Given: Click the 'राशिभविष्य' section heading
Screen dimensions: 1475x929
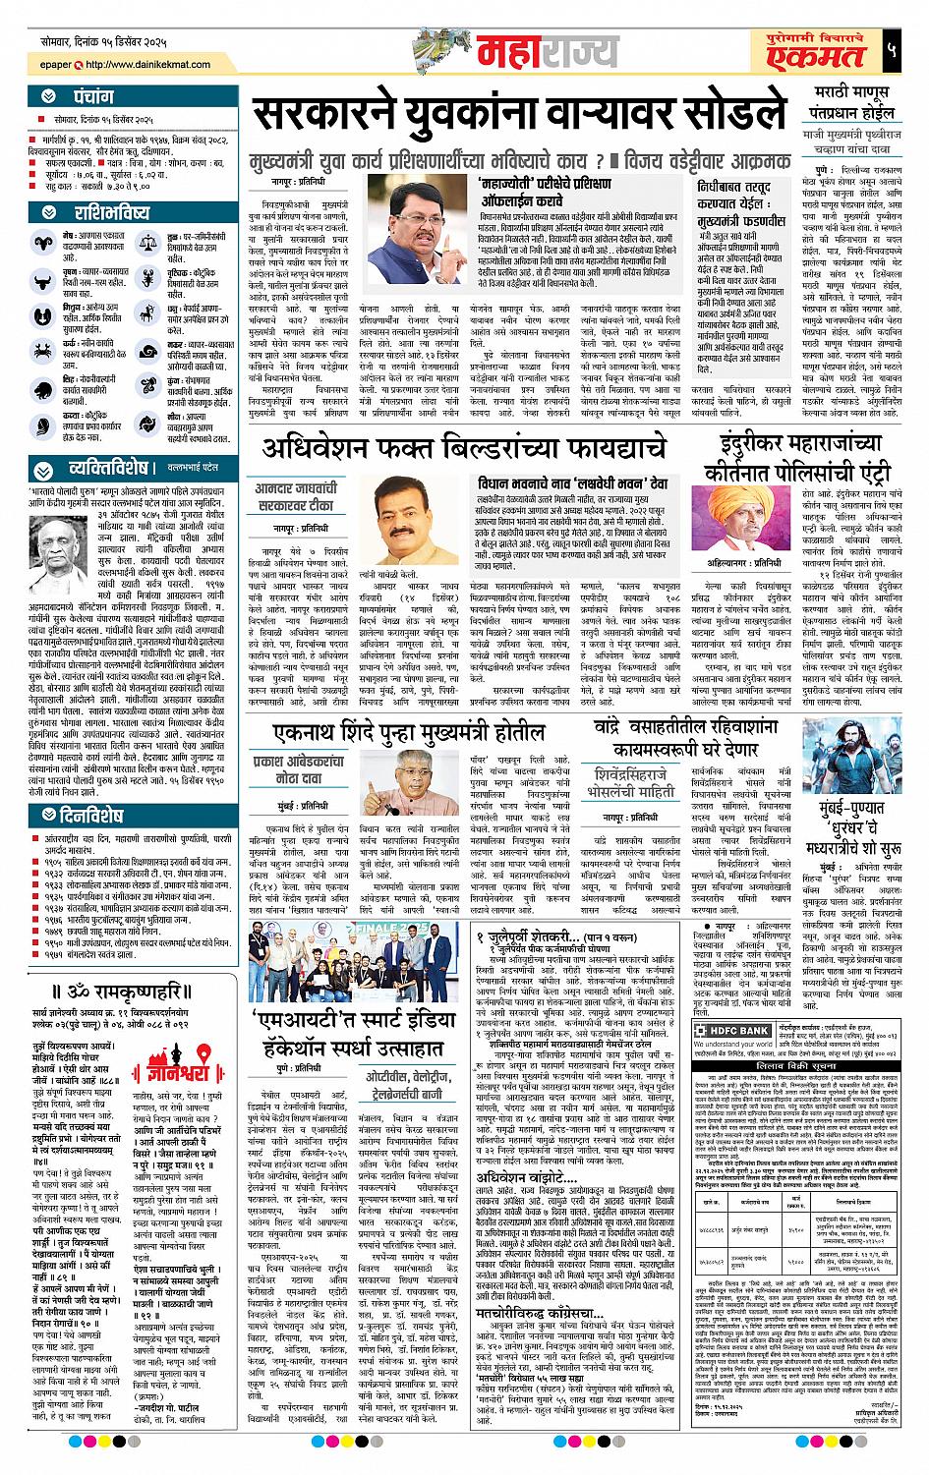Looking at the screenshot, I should (111, 213).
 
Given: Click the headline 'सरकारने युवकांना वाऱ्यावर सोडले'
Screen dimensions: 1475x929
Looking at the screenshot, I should (512, 117).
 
